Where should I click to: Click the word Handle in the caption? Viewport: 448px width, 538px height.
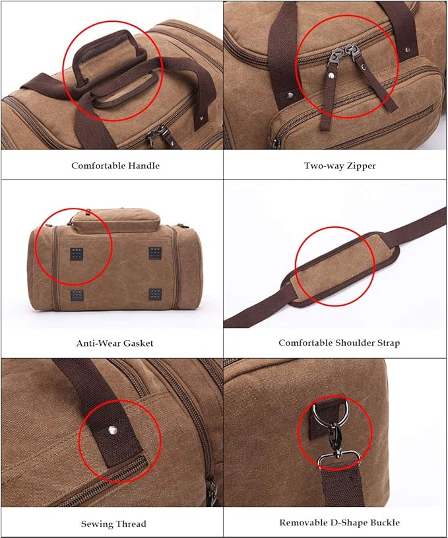point(144,166)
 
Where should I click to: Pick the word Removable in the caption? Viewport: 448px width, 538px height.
point(302,523)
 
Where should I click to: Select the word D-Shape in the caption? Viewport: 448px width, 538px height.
point(348,523)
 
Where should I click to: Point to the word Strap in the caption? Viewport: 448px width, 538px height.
point(387,343)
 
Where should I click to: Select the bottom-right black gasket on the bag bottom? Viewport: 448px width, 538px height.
point(155,294)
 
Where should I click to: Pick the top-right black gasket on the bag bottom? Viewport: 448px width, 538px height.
point(155,253)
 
